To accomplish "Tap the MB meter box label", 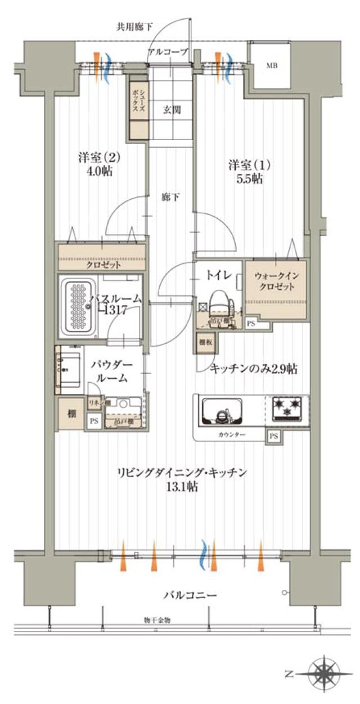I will (272, 66).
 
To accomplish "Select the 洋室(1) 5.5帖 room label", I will (249, 172).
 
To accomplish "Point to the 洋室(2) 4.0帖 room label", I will (99, 164).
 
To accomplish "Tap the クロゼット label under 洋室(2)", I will (101, 264).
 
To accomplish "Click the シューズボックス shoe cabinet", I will (138, 107).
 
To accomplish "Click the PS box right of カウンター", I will (273, 436).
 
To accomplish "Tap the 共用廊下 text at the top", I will (130, 26).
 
